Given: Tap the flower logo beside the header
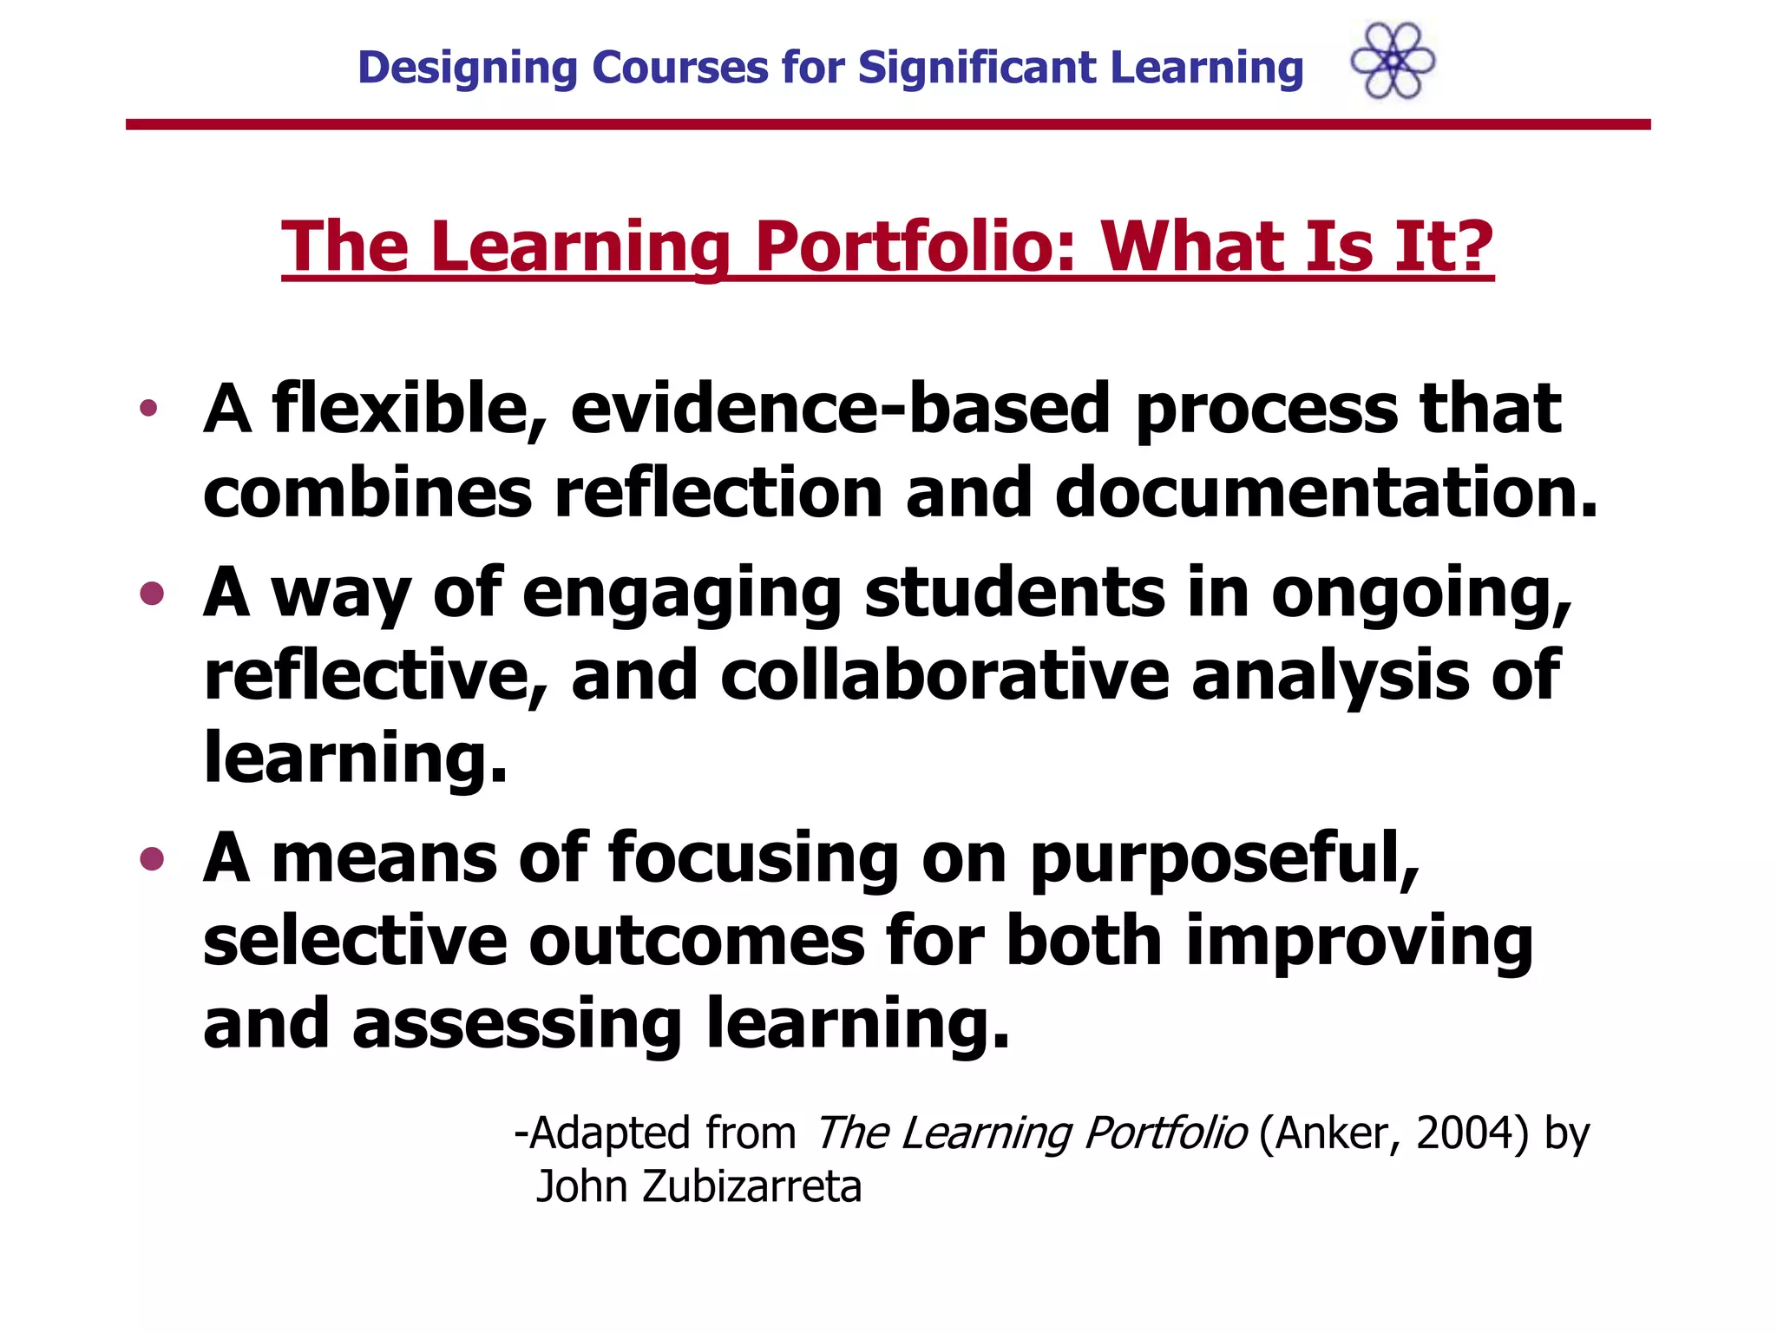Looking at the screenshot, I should (x=1393, y=61).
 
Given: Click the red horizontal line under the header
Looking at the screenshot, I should (x=888, y=125).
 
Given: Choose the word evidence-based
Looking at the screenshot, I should (x=840, y=409).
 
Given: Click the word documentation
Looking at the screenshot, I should (x=1326, y=492).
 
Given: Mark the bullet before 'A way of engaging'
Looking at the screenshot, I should (x=152, y=594).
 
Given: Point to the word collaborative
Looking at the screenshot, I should (x=945, y=676).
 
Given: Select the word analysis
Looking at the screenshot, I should (x=1330, y=678).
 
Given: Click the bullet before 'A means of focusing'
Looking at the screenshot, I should (x=152, y=858).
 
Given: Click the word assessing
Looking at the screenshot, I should (x=517, y=1025).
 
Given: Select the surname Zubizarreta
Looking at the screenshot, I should (x=751, y=1187).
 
